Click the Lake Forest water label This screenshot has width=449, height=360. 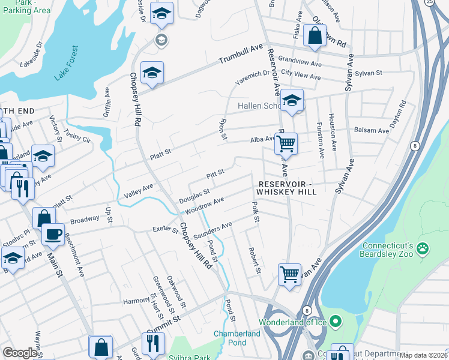(66, 63)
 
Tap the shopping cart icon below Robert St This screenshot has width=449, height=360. (289, 274)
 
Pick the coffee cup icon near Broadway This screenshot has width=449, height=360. (53, 233)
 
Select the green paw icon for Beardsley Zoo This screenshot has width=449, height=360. (423, 247)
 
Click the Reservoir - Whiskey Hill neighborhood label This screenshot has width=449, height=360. (286, 187)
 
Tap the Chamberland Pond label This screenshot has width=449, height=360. (237, 338)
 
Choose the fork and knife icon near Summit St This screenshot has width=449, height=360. (154, 343)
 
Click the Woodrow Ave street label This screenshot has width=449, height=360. (205, 206)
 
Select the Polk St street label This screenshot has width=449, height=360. (255, 212)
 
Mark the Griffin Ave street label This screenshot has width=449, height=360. (107, 101)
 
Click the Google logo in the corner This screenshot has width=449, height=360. (20, 353)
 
